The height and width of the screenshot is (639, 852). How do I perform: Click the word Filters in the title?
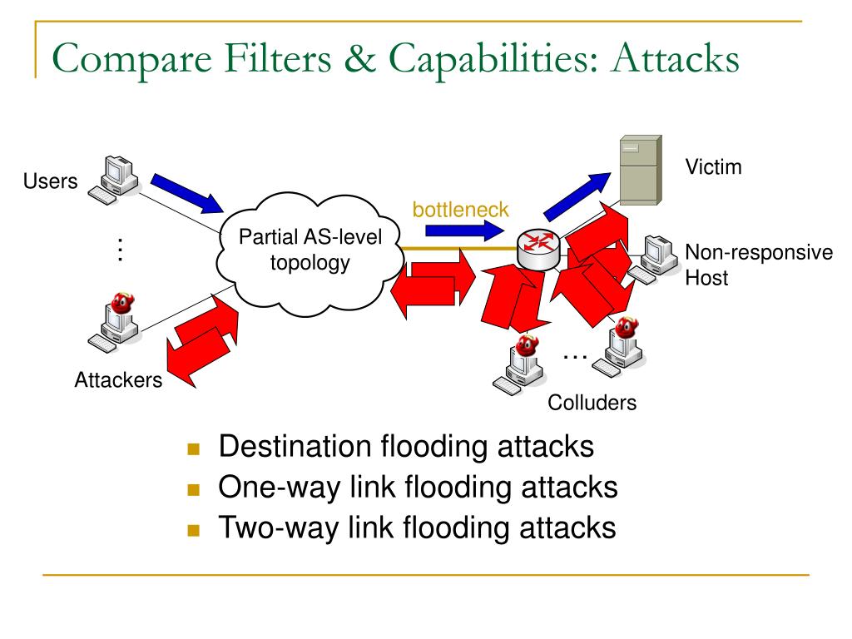[x=277, y=58]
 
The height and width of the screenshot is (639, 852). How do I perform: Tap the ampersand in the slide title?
[x=359, y=58]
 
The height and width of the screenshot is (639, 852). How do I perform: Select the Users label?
[x=50, y=181]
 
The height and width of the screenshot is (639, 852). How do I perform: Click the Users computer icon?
[x=113, y=180]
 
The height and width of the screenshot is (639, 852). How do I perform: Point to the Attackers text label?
[x=118, y=379]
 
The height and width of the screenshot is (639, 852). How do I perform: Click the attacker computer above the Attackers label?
[x=114, y=323]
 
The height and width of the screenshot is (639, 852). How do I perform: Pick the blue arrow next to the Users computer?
[x=187, y=193]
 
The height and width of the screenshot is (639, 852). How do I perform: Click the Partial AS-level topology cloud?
[x=310, y=254]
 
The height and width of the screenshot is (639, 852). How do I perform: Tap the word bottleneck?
[x=460, y=209]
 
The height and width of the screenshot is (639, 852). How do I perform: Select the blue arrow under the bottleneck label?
[x=464, y=231]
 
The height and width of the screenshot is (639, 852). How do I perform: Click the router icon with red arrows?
[x=538, y=249]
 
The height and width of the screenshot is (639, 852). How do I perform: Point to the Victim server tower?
[x=641, y=170]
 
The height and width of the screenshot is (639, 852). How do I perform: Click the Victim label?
[x=713, y=166]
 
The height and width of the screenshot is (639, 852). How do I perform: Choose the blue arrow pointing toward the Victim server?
[x=577, y=196]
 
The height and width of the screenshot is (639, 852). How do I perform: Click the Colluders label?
[x=592, y=403]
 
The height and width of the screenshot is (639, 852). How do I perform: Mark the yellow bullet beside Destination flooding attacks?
[x=193, y=448]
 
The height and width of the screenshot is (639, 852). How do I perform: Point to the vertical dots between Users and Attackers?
[x=120, y=250]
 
